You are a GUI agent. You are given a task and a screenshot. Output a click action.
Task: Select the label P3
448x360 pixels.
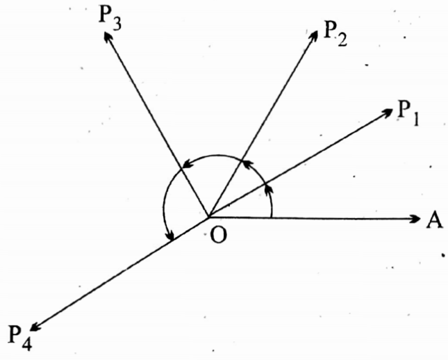click(x=110, y=19)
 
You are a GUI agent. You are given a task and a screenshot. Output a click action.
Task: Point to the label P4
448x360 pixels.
click(x=20, y=338)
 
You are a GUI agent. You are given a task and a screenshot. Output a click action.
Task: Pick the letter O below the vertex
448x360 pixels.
click(x=217, y=236)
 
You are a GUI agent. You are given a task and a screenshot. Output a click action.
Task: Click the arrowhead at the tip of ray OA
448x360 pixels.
click(x=415, y=219)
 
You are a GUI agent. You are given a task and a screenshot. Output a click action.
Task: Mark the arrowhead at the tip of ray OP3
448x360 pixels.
click(x=108, y=38)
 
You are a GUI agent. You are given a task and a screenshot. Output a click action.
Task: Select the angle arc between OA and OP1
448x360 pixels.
click(x=270, y=202)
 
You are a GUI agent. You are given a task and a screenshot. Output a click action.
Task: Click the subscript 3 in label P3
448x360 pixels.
click(x=118, y=24)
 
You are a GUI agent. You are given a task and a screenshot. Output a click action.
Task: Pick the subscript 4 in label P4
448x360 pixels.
click(x=26, y=343)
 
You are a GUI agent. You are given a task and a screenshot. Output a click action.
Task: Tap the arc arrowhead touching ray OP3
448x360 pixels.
click(x=185, y=167)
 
